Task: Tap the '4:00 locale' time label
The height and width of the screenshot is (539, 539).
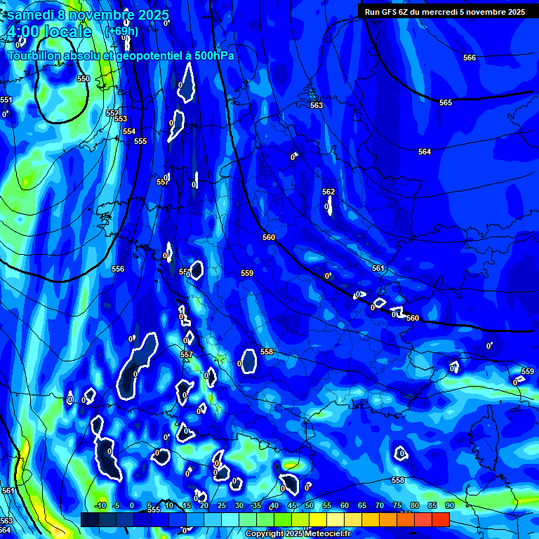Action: tap(49, 32)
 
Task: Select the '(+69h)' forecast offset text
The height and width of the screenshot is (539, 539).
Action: tap(121, 32)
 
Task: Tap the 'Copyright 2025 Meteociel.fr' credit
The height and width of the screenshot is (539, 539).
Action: tap(298, 533)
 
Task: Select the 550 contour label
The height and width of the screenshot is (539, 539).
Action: tap(84, 79)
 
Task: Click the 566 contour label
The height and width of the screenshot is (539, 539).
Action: tap(470, 58)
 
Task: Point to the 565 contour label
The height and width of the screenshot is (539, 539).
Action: tap(446, 103)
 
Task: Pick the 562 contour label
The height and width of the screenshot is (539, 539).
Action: tap(328, 192)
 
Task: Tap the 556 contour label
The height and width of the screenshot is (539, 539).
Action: tap(118, 269)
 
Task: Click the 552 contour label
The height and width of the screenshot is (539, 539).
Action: tap(112, 113)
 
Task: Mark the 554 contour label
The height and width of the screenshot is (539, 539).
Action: tap(129, 131)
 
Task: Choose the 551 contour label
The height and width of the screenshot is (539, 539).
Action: tap(6, 100)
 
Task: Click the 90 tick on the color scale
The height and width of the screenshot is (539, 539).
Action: tap(449, 505)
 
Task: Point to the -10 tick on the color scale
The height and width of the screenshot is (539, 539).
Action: tap(100, 505)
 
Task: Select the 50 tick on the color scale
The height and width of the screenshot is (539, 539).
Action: tap(310, 505)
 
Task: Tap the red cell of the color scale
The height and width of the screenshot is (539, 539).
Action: tap(441, 519)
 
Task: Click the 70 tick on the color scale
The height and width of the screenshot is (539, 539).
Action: tap(380, 505)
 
